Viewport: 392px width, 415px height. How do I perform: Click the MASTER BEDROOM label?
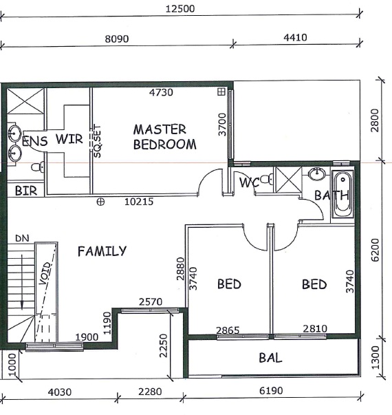[165, 137]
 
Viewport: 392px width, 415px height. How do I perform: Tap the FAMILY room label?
[102, 251]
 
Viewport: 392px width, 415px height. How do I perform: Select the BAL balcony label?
[270, 358]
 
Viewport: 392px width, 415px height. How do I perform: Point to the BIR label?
[26, 191]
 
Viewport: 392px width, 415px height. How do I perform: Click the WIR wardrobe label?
[69, 139]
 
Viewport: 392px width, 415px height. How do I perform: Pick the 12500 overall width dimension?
[180, 9]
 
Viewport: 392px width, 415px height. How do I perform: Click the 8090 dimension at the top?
[117, 39]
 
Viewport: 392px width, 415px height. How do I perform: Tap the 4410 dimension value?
[295, 37]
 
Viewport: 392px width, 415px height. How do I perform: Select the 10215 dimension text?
[139, 202]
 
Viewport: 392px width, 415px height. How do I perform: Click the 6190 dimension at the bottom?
[271, 390]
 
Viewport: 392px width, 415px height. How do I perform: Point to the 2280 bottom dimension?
[150, 392]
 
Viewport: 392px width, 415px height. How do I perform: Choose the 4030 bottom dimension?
[60, 392]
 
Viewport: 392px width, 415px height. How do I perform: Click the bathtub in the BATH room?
[342, 195]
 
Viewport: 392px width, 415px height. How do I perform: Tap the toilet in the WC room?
[267, 180]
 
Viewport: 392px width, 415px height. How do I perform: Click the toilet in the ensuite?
[38, 167]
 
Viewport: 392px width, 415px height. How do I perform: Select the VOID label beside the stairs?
[45, 273]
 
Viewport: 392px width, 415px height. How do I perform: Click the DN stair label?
[22, 238]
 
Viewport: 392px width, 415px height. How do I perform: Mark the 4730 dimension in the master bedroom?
[161, 92]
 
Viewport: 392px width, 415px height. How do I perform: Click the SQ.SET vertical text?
[98, 142]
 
